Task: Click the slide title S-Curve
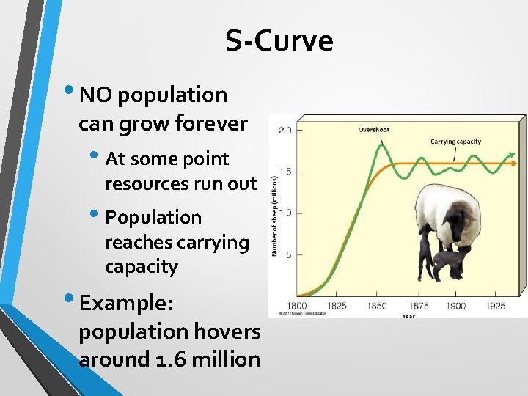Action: click(279, 41)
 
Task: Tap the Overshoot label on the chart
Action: click(373, 130)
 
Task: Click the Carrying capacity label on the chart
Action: click(455, 142)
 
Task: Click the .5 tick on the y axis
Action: click(288, 254)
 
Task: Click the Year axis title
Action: click(408, 316)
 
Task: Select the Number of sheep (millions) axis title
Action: click(275, 215)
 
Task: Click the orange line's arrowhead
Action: click(520, 163)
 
